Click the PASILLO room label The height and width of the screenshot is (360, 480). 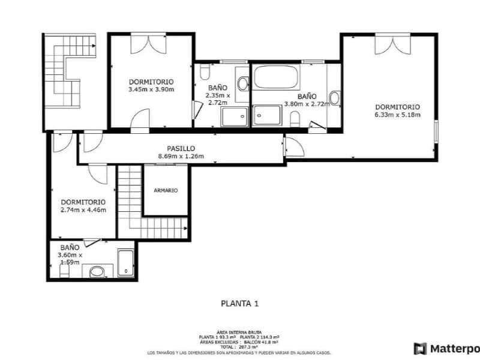(181, 148)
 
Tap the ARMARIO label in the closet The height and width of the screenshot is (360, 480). (166, 190)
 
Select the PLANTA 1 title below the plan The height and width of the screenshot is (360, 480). (239, 304)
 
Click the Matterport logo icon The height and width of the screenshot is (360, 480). (420, 348)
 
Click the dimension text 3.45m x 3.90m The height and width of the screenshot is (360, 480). (151, 89)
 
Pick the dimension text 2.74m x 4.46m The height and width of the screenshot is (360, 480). (83, 210)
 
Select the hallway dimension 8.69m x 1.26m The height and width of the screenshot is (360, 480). (181, 157)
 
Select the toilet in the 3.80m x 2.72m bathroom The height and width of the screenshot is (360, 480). (295, 119)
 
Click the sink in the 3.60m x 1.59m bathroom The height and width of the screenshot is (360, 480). (97, 272)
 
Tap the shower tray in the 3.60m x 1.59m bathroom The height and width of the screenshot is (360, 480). (125, 263)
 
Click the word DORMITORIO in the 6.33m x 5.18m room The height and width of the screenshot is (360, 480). (397, 107)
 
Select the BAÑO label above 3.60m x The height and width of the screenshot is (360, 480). (70, 247)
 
